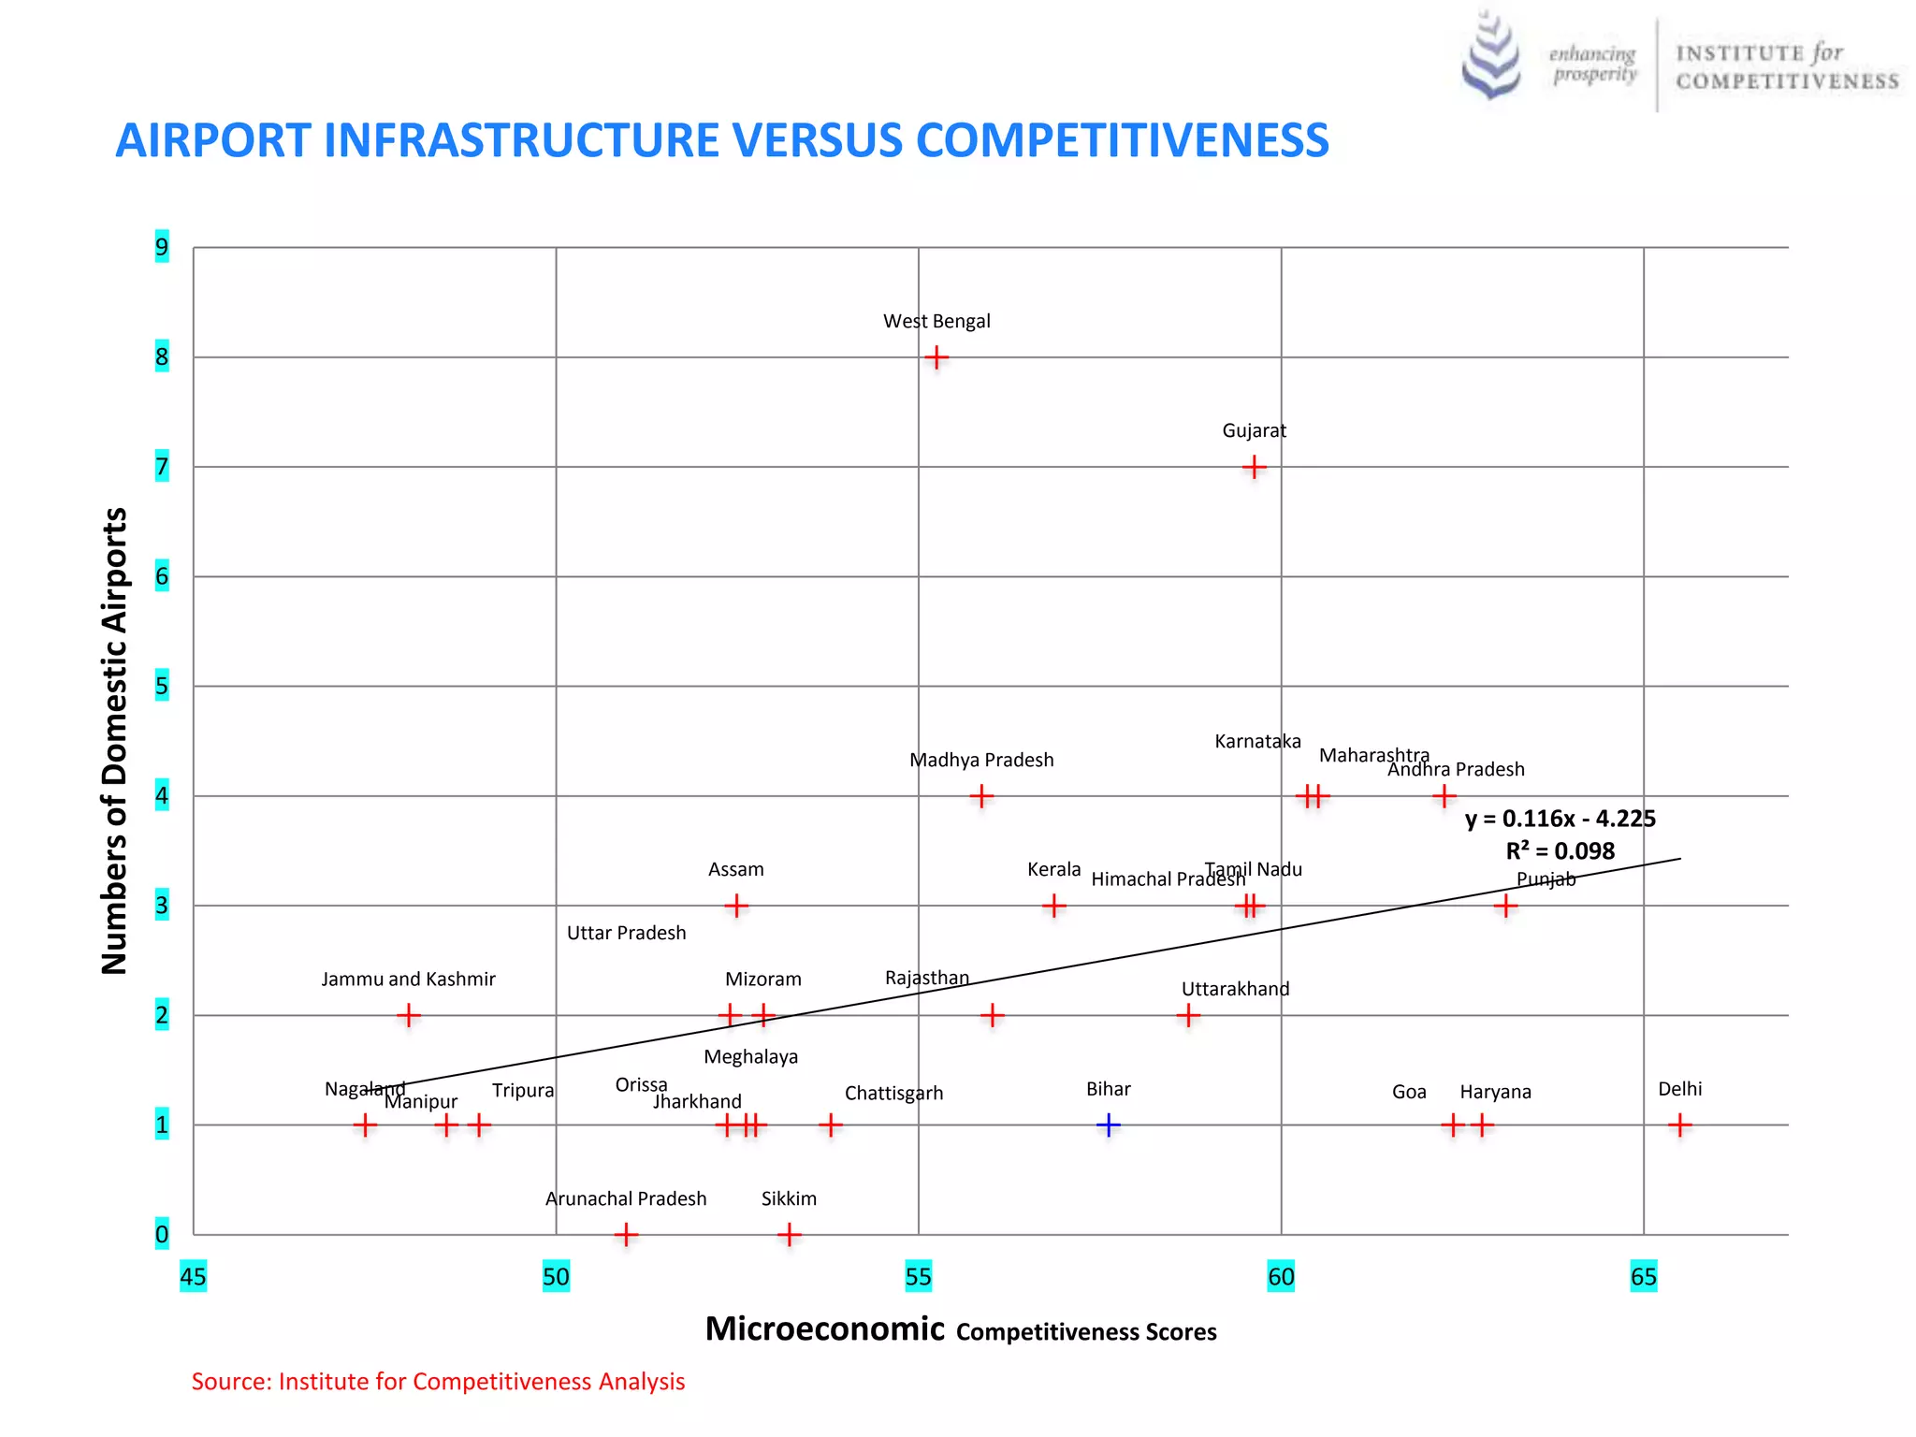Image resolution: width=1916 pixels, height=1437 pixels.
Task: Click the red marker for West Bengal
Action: click(936, 357)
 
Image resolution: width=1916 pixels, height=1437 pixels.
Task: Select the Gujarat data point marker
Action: click(1254, 467)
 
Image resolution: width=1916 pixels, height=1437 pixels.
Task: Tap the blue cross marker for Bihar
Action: click(1109, 1125)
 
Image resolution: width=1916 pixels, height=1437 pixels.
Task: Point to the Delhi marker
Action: click(1680, 1125)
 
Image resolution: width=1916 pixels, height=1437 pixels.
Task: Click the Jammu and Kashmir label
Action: click(408, 979)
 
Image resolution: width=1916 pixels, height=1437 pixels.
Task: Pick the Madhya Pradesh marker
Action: click(980, 796)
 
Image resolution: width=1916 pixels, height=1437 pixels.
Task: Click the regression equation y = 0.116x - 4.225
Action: click(1560, 819)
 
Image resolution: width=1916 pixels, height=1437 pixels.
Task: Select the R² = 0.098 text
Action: click(1560, 851)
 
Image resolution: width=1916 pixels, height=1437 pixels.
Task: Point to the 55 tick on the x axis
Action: click(918, 1277)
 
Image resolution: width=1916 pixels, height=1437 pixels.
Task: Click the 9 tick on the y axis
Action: click(162, 247)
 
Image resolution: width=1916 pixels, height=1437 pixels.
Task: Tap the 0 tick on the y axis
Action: click(162, 1234)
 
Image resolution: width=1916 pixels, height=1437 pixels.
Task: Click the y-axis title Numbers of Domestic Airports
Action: click(114, 741)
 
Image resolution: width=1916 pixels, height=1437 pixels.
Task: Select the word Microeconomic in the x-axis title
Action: click(824, 1329)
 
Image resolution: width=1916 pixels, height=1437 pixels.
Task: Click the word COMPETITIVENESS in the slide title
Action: click(1122, 140)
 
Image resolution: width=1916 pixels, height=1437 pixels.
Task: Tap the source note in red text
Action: click(438, 1382)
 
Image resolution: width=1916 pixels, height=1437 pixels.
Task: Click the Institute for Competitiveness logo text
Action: click(1786, 66)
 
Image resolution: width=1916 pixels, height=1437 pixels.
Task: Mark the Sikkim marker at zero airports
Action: click(789, 1235)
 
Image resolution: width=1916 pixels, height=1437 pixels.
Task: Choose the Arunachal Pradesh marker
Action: click(626, 1235)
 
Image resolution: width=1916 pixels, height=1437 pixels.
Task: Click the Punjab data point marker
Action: click(1504, 906)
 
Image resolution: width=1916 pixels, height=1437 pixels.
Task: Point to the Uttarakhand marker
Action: click(1187, 1015)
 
